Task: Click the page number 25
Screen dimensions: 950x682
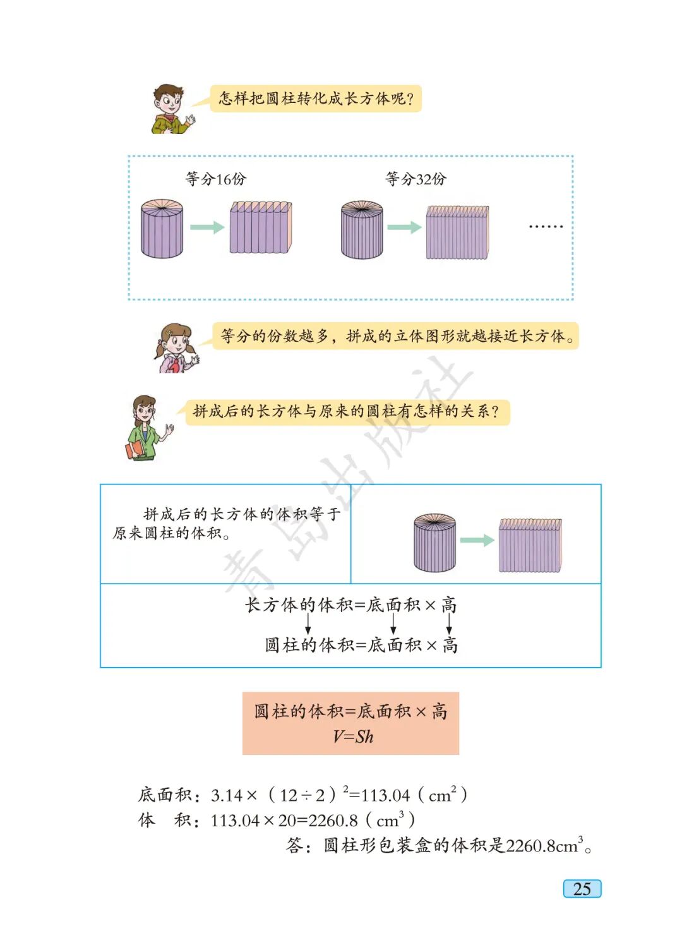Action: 582,889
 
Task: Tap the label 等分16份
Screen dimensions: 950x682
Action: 215,179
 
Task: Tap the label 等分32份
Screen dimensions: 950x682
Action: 416,179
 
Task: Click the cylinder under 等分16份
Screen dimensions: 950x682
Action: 162,229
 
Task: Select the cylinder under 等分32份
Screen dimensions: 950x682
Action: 362,230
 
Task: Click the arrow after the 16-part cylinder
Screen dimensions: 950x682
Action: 207,227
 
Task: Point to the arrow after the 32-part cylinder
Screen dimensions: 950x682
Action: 404,227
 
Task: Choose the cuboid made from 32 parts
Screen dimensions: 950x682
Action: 457,232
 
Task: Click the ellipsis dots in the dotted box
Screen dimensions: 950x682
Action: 546,226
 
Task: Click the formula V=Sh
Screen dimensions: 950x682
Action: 352,737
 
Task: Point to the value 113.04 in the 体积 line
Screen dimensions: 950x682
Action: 235,821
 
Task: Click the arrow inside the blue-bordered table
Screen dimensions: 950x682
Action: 477,541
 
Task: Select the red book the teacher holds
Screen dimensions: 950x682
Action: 135,450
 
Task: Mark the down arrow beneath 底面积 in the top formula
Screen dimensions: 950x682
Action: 393,624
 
